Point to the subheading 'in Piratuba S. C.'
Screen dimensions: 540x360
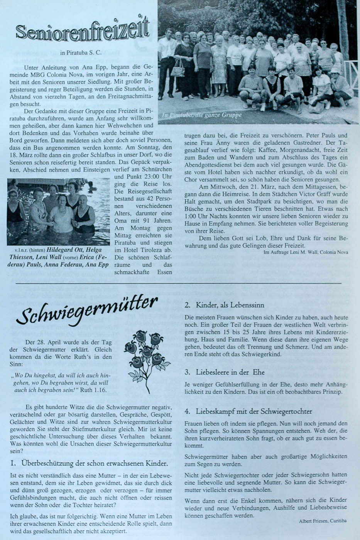[x=81, y=53]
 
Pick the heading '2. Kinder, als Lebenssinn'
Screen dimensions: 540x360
[x=224, y=305]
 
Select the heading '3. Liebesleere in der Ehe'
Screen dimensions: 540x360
[x=224, y=372]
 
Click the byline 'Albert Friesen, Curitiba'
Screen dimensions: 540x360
[x=323, y=521]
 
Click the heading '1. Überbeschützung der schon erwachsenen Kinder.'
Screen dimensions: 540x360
[x=89, y=463]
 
